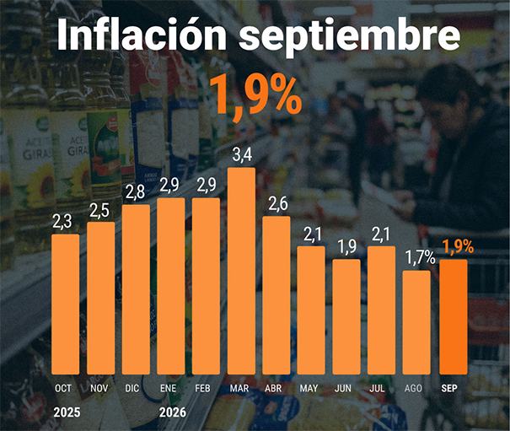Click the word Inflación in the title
(142, 35)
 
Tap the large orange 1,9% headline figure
(255, 97)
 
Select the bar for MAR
(241, 271)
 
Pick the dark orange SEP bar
(454, 317)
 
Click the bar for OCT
(66, 304)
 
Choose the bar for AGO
(416, 322)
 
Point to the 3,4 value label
(242, 155)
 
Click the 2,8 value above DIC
(135, 192)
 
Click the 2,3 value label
(62, 222)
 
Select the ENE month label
(168, 388)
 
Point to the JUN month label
(343, 388)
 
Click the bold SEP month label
(449, 388)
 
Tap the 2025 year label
(67, 412)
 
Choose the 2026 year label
(173, 412)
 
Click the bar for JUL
(382, 310)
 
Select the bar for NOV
(101, 299)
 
